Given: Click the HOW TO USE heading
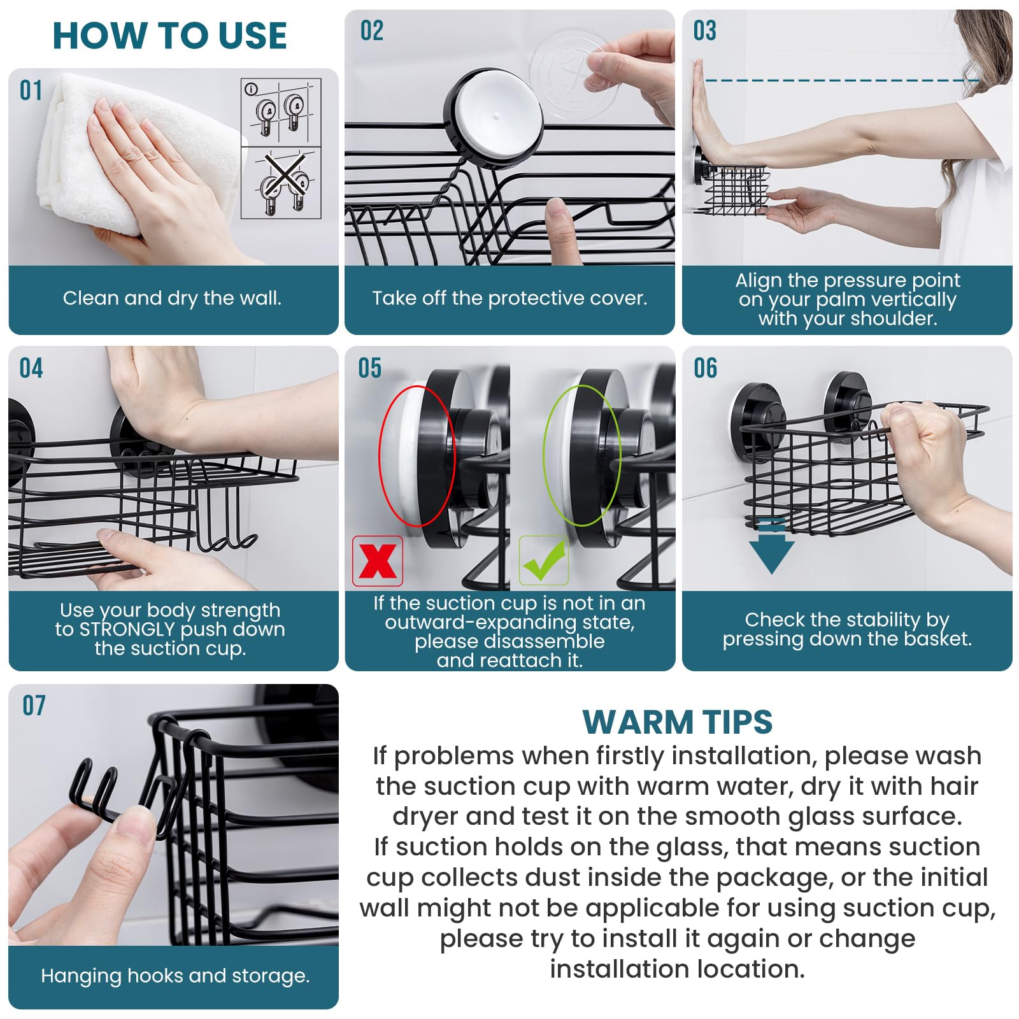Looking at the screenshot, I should pyautogui.click(x=169, y=36).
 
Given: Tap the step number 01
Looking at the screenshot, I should pyautogui.click(x=31, y=91).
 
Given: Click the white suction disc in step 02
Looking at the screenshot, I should pyautogui.click(x=499, y=115).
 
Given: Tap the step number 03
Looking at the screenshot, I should pyautogui.click(x=704, y=31).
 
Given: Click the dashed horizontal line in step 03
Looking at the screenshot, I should pyautogui.click(x=841, y=80).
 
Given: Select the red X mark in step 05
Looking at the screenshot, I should pyautogui.click(x=378, y=561).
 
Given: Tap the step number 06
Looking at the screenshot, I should pyautogui.click(x=705, y=368).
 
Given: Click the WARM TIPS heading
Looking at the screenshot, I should pyautogui.click(x=677, y=722).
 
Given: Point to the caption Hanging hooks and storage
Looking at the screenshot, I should pyautogui.click(x=175, y=976).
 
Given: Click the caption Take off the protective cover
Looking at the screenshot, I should pyautogui.click(x=509, y=298).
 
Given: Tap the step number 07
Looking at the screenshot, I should pyautogui.click(x=34, y=706).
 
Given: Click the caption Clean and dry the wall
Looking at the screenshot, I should pyautogui.click(x=172, y=298).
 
